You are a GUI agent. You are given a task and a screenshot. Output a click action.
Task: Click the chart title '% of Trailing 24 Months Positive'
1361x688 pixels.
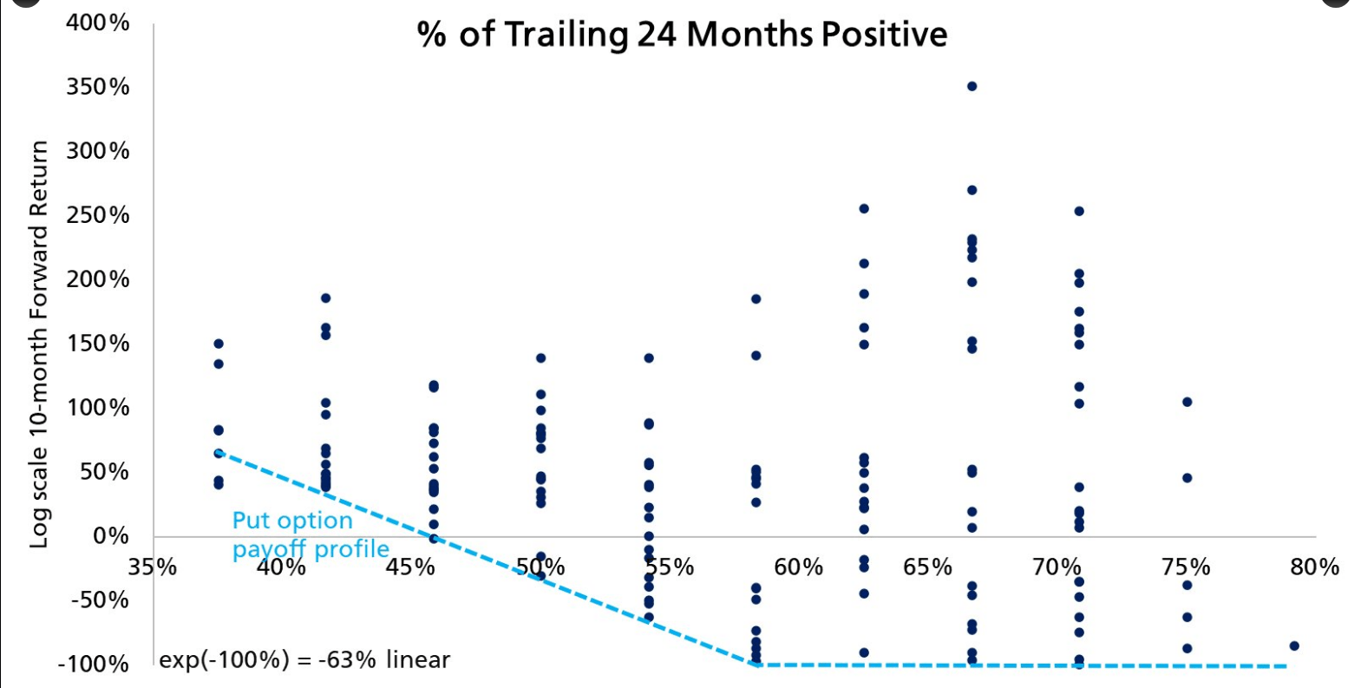(x=682, y=35)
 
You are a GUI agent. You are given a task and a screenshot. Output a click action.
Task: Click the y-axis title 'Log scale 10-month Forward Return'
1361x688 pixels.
(x=39, y=344)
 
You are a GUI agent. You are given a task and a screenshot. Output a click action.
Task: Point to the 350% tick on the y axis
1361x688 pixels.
(x=98, y=87)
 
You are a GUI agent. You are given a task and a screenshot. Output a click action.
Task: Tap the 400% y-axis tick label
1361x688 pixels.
(x=98, y=23)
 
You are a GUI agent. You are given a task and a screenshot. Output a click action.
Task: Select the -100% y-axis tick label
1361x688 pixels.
(x=94, y=665)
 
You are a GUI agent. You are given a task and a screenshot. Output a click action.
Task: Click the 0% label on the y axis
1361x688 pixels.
(x=112, y=536)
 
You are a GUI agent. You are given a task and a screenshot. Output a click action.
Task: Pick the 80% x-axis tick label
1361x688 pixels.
(x=1314, y=567)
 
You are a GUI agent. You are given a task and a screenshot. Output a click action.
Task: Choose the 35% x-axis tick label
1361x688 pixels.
(x=153, y=567)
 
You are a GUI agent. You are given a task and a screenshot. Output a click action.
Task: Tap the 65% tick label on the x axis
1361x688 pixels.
(x=927, y=567)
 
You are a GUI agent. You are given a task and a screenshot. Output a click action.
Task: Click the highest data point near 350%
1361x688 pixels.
(x=972, y=87)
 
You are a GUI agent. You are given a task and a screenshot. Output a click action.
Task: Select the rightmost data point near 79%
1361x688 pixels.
(x=1294, y=645)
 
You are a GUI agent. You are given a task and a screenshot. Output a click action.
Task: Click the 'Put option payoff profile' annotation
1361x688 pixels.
(x=310, y=534)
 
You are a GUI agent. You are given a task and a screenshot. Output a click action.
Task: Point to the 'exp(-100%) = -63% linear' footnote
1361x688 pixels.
(x=304, y=660)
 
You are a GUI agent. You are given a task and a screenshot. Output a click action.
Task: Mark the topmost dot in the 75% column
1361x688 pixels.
(x=1187, y=402)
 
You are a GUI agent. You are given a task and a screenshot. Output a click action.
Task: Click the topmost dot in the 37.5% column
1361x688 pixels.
(x=219, y=344)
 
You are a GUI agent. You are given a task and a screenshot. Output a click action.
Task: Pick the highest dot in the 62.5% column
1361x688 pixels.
(x=864, y=209)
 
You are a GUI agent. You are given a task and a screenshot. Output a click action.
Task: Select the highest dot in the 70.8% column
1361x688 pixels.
(x=1079, y=211)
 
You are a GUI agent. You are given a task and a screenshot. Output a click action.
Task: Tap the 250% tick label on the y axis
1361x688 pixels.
(x=98, y=215)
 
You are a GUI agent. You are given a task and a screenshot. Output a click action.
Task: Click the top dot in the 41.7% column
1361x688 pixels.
(x=326, y=298)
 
